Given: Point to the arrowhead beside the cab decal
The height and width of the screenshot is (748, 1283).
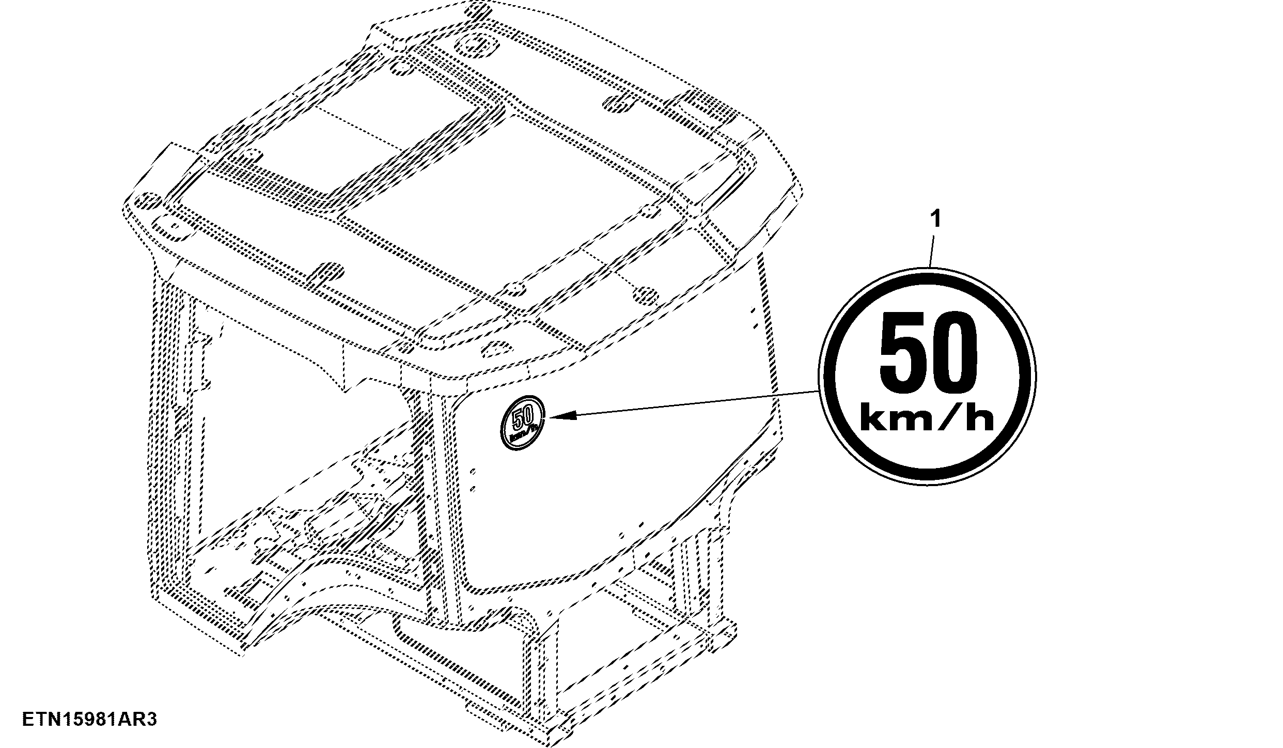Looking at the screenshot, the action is point(561,415).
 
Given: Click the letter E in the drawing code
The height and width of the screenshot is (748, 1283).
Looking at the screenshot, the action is point(28,720).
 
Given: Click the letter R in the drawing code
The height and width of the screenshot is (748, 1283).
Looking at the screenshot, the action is point(133,720).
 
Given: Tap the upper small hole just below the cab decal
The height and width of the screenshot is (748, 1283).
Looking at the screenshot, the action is point(473,471).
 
